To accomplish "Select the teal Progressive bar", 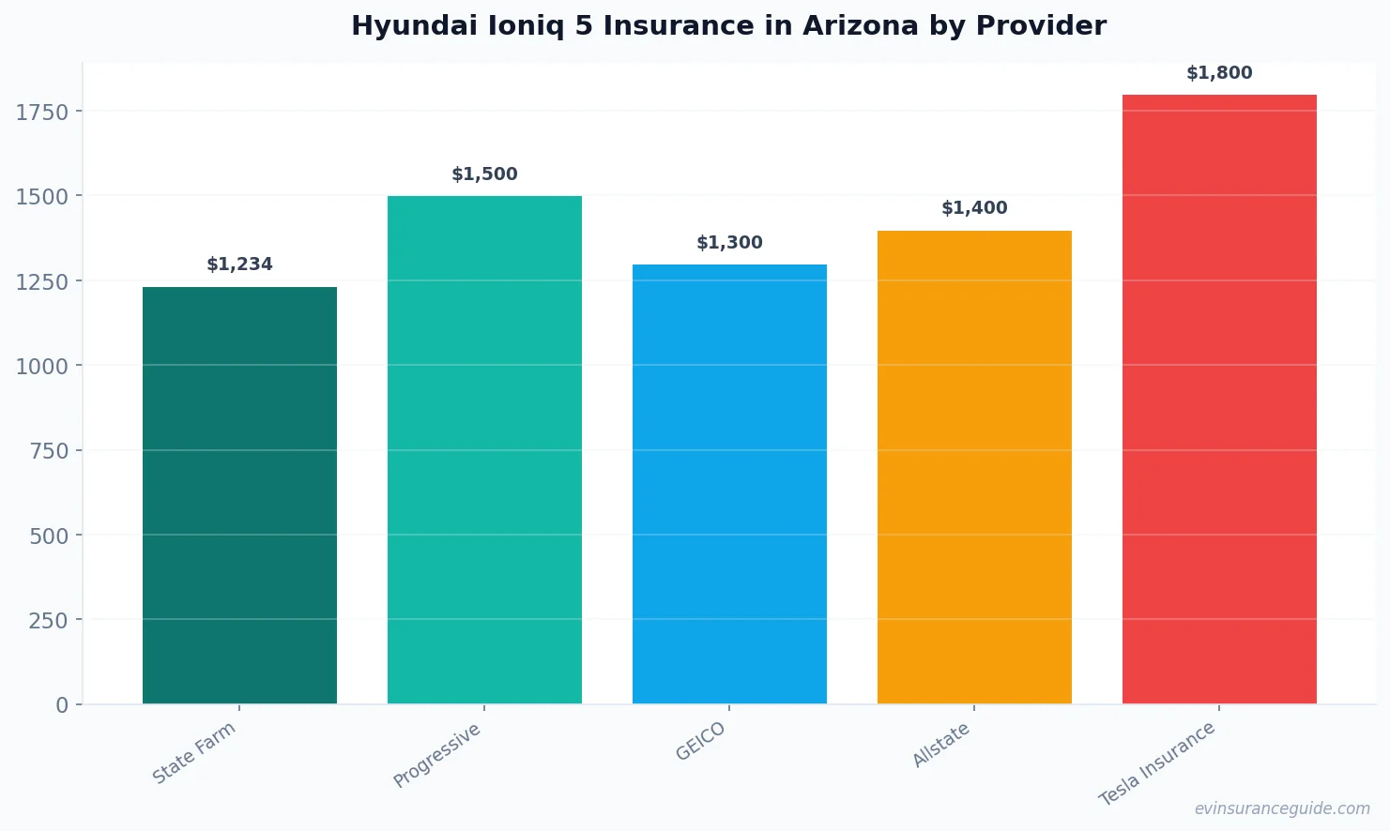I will (x=484, y=450).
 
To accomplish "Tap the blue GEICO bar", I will (x=729, y=484).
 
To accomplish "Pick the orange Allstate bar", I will (x=974, y=467).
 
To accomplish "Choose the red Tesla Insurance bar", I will (x=1219, y=399).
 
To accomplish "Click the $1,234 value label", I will (x=239, y=264).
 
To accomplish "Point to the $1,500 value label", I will (x=484, y=174).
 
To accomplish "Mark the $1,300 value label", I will (x=729, y=243).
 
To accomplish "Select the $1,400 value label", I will (x=974, y=208).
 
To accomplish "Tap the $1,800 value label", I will (x=1219, y=73).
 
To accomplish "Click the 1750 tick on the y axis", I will (x=42, y=113).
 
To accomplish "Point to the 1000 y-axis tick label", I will (x=42, y=367).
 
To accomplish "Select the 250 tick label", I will (x=48, y=621).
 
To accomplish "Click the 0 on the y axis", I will (x=62, y=705).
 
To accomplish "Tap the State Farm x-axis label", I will (x=194, y=753).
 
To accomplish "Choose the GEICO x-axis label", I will (x=701, y=742).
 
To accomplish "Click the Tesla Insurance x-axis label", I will (x=1157, y=763).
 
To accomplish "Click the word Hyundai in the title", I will (x=414, y=26).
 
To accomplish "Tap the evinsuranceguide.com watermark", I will (x=1282, y=808).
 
